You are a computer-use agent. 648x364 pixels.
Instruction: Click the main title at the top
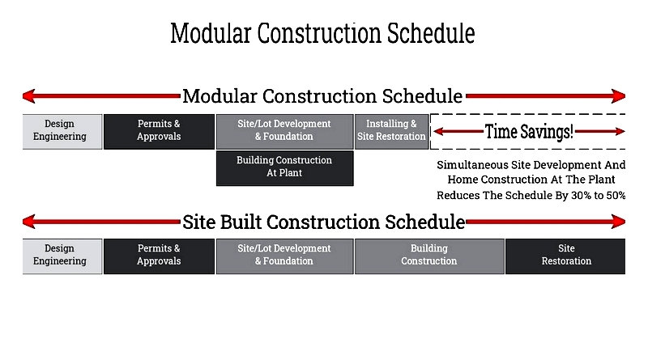tap(322, 33)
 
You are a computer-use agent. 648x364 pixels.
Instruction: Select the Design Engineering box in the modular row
tap(62, 132)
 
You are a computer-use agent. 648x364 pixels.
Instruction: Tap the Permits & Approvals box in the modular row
tap(159, 132)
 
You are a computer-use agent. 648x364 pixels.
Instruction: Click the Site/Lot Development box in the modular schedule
tap(285, 132)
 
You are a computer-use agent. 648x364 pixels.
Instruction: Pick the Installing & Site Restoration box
tap(391, 132)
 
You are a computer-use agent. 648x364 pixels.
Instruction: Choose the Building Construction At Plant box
tap(285, 168)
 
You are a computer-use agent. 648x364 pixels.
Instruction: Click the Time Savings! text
tap(529, 132)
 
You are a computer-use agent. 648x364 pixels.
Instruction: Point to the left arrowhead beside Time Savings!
tap(438, 132)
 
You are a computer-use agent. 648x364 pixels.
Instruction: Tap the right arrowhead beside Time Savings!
tap(620, 132)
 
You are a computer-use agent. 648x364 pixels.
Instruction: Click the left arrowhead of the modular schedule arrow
tap(29, 96)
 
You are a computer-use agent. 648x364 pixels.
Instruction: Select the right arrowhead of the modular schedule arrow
tap(619, 96)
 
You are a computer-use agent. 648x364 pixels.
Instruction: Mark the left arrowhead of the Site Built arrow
tap(29, 222)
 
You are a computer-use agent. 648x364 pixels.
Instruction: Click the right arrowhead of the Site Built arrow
tap(619, 222)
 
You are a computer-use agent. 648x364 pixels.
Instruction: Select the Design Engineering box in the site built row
tap(62, 256)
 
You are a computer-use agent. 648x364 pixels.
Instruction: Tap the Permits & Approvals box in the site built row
tap(159, 256)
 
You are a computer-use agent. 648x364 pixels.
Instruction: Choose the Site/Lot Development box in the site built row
tap(285, 256)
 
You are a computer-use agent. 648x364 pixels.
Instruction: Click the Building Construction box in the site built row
tap(429, 256)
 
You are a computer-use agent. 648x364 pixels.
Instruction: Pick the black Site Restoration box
tap(565, 256)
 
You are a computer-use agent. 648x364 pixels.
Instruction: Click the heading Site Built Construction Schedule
tap(323, 222)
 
